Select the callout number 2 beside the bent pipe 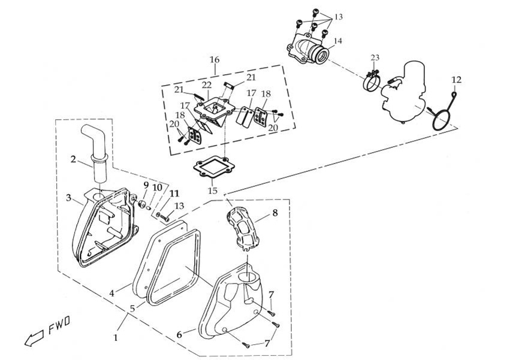pyautogui.click(x=73, y=159)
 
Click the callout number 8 pyautogui.click(x=274, y=212)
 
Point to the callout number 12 pyautogui.click(x=456, y=80)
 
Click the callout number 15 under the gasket pyautogui.click(x=213, y=190)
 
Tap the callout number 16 pyautogui.click(x=215, y=59)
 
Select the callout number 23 pyautogui.click(x=375, y=58)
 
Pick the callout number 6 pyautogui.click(x=179, y=334)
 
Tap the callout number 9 pyautogui.click(x=146, y=184)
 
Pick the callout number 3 pyautogui.click(x=69, y=198)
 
